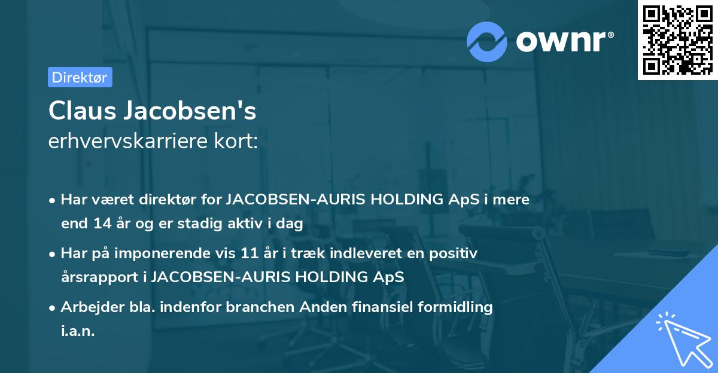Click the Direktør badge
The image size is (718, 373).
pyautogui.click(x=80, y=77)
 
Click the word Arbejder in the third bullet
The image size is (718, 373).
pyautogui.click(x=87, y=307)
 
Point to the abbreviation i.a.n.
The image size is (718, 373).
pyautogui.click(x=78, y=331)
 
